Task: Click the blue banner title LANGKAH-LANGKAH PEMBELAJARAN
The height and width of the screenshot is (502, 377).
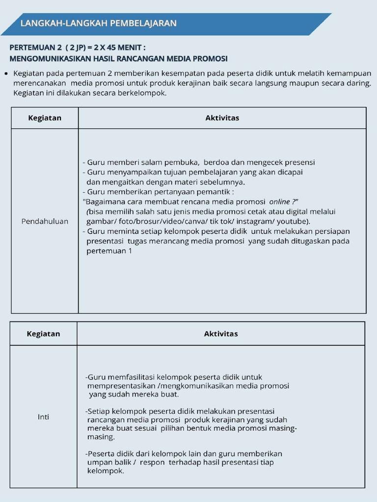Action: [x=98, y=24]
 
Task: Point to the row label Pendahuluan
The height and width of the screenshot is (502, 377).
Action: [x=45, y=222]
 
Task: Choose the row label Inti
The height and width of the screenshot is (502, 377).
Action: [x=44, y=417]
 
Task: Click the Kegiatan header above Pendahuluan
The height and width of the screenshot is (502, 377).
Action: [x=44, y=118]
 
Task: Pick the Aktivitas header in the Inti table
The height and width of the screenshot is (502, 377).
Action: [x=221, y=334]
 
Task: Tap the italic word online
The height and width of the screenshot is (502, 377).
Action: [x=280, y=201]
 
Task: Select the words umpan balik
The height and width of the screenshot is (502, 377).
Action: [x=108, y=462]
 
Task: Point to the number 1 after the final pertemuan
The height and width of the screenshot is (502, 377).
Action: [x=130, y=251]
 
